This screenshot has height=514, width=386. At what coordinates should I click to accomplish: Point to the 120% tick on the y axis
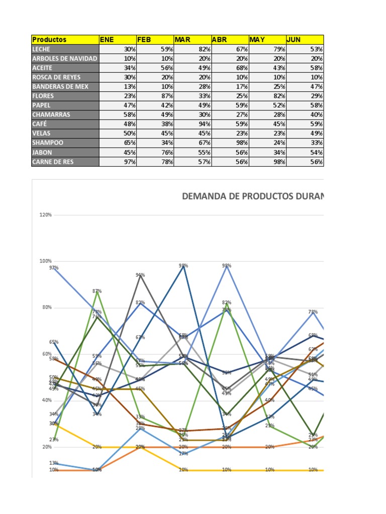click(x=45, y=215)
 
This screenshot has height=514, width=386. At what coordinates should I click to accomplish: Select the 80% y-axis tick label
click(x=46, y=308)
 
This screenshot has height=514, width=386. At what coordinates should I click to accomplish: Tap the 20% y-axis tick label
click(x=46, y=447)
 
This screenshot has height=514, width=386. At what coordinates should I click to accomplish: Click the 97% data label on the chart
click(x=54, y=268)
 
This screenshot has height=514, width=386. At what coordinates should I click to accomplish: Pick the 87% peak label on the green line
click(x=97, y=291)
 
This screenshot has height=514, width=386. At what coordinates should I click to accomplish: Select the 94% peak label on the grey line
click(x=140, y=275)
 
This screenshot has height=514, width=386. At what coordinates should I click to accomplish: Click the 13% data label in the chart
click(x=54, y=463)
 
